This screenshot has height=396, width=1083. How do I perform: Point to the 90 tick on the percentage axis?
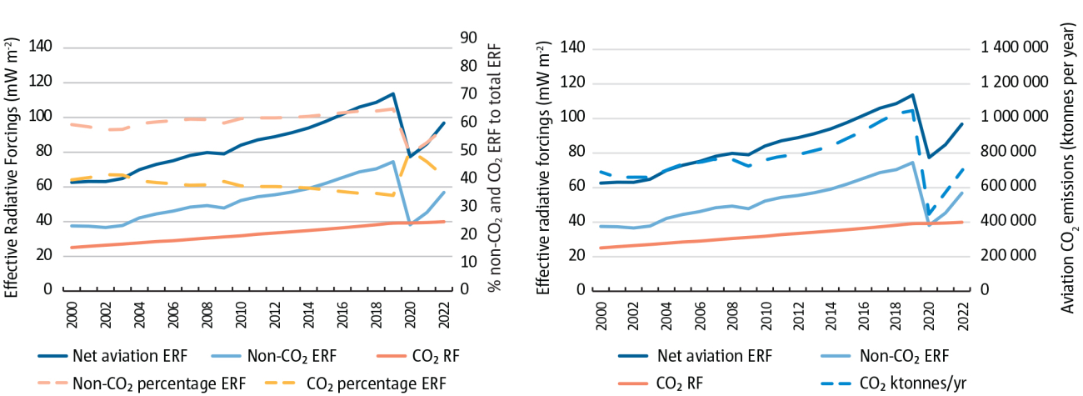468,38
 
